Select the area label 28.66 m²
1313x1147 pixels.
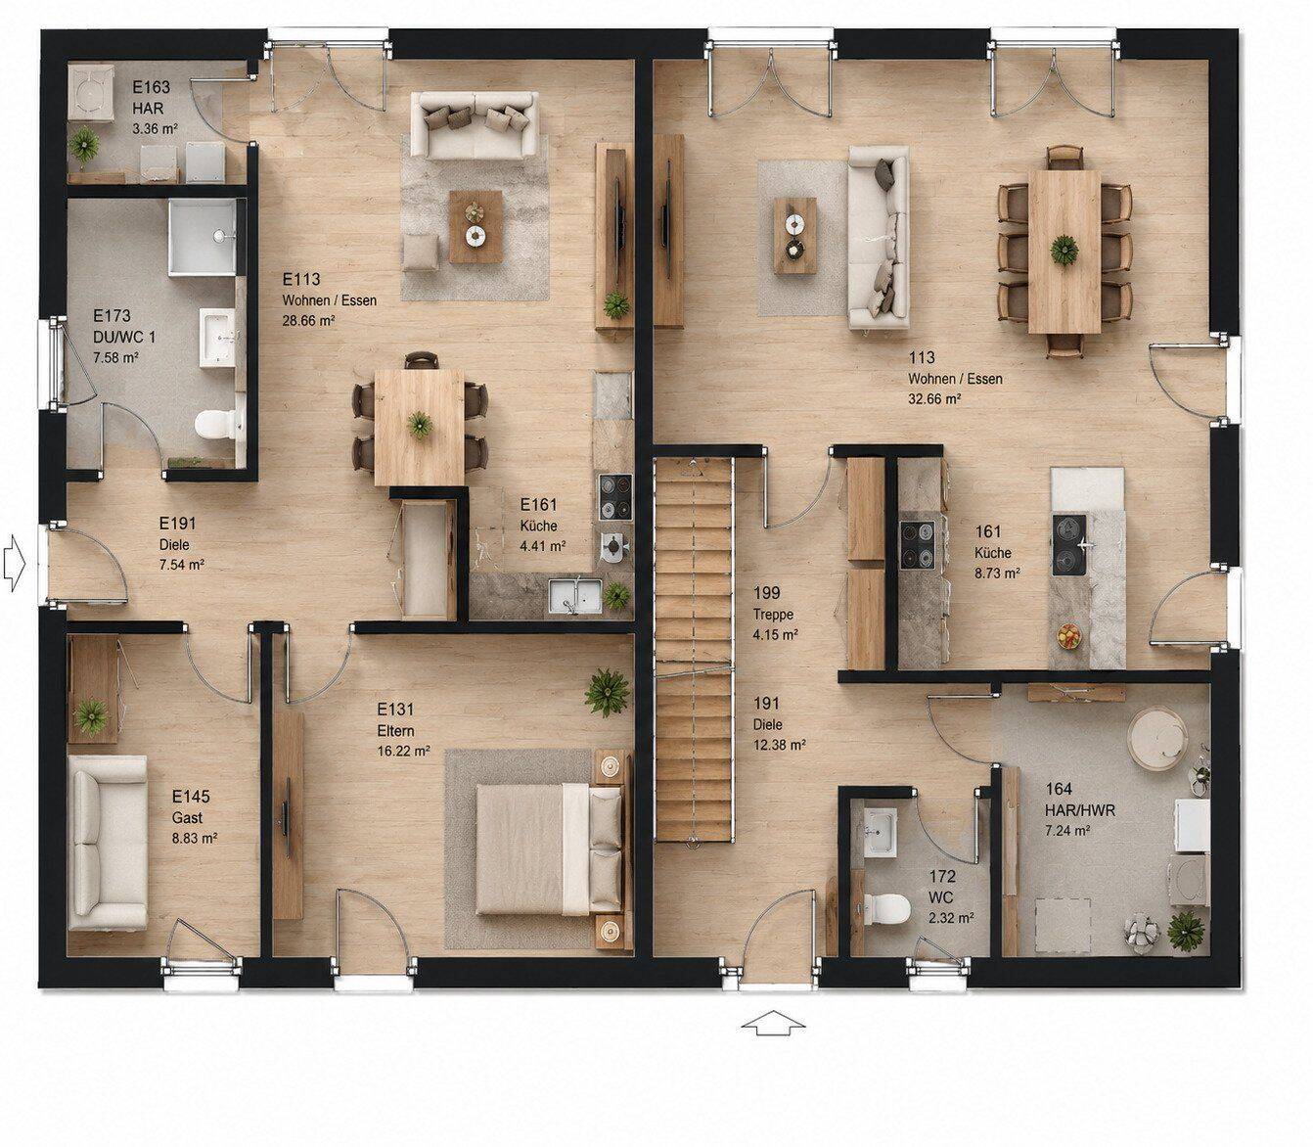point(308,320)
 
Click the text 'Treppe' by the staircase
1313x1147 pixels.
point(773,615)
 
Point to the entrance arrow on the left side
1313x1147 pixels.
point(14,564)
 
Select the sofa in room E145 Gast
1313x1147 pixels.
point(107,845)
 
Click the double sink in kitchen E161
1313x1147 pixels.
point(574,594)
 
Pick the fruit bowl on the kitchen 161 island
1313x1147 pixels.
point(1069,636)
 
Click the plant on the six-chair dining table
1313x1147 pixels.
point(1064,249)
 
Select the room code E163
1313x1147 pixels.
point(152,88)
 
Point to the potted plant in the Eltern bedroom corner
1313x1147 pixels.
point(607,693)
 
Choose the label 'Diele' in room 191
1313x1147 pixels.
point(767,724)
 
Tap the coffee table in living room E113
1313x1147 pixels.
point(475,227)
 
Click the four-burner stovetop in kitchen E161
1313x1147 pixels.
point(615,497)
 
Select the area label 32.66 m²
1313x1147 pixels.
point(934,398)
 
